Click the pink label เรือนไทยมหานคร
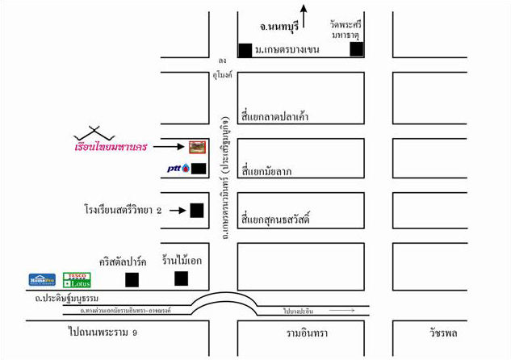click(111, 148)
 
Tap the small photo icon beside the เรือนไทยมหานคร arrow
click(197, 147)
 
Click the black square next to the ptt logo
click(199, 169)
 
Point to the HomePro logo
click(42, 279)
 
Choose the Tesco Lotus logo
click(77, 279)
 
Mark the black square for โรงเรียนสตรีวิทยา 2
click(196, 211)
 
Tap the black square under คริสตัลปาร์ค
click(132, 279)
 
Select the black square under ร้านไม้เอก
click(182, 278)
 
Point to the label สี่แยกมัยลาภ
click(266, 170)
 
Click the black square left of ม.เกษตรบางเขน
click(245, 50)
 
